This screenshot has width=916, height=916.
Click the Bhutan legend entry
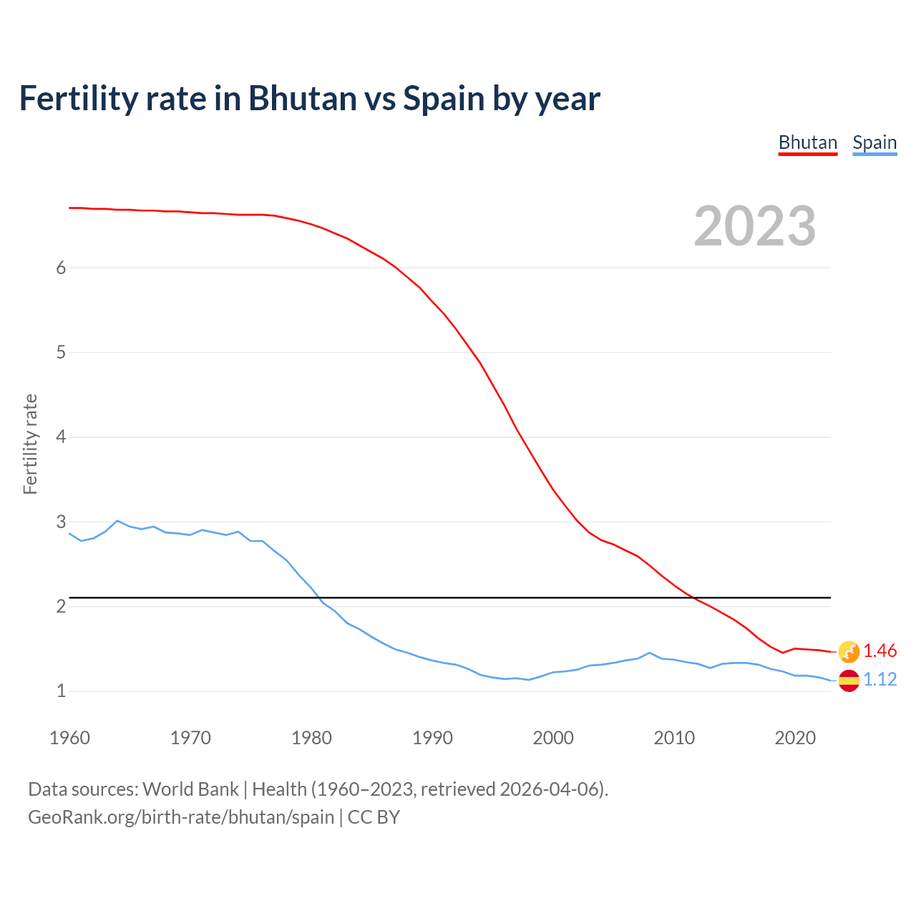coord(808,142)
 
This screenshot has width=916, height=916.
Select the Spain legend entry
coord(874,142)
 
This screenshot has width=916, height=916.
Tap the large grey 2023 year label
coord(755,226)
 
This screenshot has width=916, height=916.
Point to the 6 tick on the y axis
coord(61,268)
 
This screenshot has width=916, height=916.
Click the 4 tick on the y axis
coord(61,437)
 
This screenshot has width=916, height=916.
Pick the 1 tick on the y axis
coord(61,691)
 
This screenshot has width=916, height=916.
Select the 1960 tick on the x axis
coord(69,738)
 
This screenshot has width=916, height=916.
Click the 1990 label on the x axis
coord(432,738)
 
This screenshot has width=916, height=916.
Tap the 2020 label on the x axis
coord(795,738)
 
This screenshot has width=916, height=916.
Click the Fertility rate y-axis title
coord(30,444)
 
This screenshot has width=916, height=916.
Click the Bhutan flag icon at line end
coord(849,651)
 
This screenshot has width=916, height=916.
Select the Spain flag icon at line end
coord(849,681)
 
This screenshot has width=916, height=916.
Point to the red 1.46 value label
coord(880,651)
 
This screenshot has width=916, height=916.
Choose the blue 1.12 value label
coord(880,679)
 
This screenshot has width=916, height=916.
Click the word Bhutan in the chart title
coord(302,98)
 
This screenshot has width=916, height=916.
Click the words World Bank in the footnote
coord(190,789)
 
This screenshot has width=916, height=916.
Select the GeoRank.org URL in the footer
coord(181,817)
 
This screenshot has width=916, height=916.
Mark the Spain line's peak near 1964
coord(117,521)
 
